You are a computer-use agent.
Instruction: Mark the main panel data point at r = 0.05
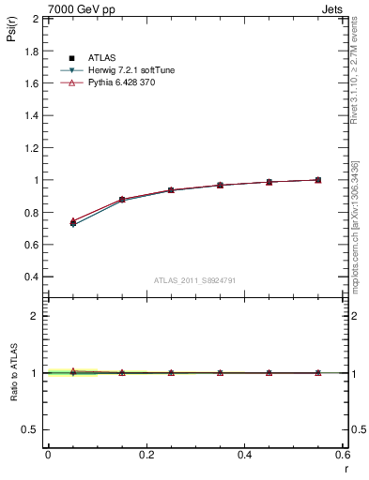[x=72, y=223]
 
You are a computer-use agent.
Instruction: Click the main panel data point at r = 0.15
[x=122, y=200]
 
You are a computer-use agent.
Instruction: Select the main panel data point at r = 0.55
[x=318, y=180]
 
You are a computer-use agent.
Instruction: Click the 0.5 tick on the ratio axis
[x=30, y=429]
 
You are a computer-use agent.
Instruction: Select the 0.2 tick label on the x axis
[x=146, y=455]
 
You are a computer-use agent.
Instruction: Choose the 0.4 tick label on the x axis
[x=244, y=455]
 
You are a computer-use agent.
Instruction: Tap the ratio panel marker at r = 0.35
[x=220, y=373]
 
